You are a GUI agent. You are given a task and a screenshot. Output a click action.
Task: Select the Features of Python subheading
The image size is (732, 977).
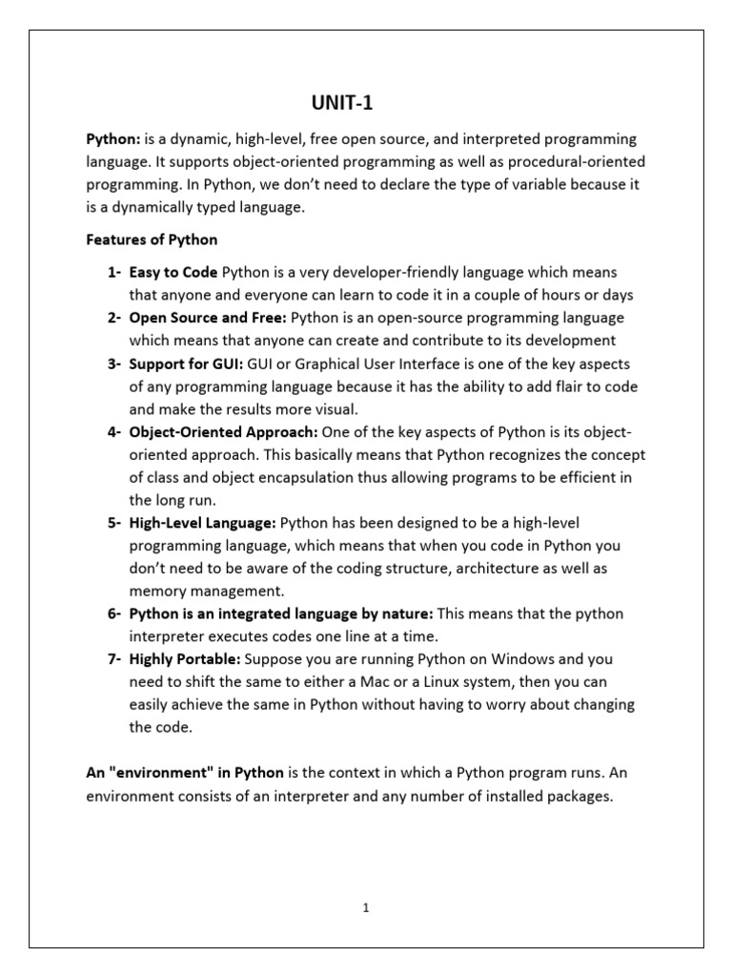pyautogui.click(x=152, y=239)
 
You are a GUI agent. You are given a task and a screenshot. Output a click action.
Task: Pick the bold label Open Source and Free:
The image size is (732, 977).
pyautogui.click(x=208, y=318)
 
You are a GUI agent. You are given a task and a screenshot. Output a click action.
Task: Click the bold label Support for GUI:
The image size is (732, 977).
pyautogui.click(x=187, y=364)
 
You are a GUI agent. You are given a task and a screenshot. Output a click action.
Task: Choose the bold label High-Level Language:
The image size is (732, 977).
pyautogui.click(x=203, y=523)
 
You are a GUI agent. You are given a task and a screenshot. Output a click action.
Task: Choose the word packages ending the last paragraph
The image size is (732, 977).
pyautogui.click(x=576, y=796)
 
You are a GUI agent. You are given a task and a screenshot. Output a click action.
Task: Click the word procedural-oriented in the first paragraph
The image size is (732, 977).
pyautogui.click(x=577, y=162)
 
